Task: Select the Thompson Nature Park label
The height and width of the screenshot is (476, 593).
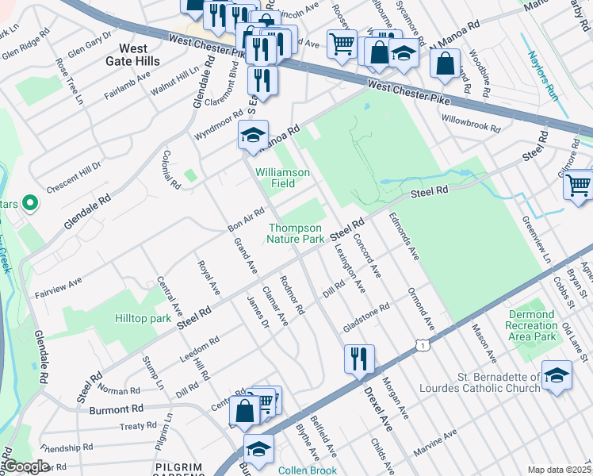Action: tap(295, 232)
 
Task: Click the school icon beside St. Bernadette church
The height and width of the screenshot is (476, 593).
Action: tap(557, 374)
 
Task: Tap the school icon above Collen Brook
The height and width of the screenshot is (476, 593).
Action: tap(258, 448)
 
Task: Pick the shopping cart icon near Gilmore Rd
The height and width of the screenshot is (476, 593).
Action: tap(578, 185)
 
